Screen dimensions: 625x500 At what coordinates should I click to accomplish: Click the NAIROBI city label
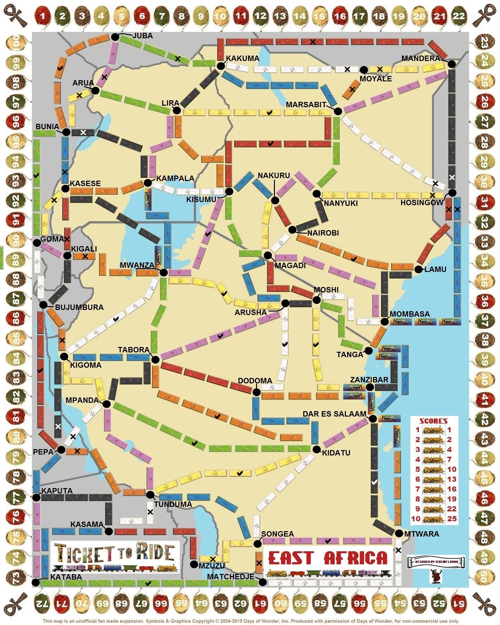coord(323,233)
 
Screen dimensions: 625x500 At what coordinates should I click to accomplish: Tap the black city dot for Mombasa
coord(384,321)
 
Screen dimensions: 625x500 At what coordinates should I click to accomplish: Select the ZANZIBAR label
coord(369,380)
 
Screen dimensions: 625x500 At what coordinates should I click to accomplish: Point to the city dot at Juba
coord(115,37)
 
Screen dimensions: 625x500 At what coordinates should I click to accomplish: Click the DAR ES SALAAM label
coord(334,414)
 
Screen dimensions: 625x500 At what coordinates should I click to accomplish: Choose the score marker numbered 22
coord(458,16)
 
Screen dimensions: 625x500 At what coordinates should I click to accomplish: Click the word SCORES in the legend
coord(433,421)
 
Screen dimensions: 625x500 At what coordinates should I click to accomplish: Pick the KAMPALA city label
coord(175,178)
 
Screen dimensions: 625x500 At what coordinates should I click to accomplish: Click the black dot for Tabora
coord(155,359)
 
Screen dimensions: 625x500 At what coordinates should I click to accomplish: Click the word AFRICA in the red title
coord(355,558)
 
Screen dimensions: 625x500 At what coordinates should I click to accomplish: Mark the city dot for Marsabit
coord(338,111)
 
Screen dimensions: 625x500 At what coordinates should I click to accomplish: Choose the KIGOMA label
coord(86,365)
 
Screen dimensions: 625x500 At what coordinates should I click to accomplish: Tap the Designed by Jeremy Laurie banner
coord(436,561)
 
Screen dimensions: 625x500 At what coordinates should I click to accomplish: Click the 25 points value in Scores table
coord(452,518)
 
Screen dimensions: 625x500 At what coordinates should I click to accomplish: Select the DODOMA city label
coord(255,380)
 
